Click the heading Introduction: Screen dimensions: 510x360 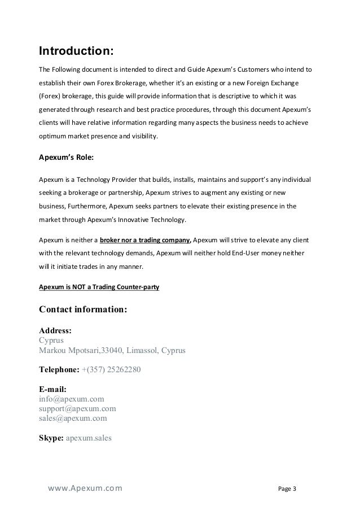click(x=76, y=51)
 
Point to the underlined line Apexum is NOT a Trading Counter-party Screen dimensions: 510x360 click(x=99, y=287)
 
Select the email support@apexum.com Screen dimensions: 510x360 click(x=77, y=408)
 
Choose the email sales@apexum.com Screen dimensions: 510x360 click(x=73, y=419)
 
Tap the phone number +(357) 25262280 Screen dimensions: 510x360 click(x=111, y=370)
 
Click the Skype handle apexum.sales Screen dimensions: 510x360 click(x=89, y=438)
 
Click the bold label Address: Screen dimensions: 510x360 click(x=55, y=331)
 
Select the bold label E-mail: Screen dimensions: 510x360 click(x=52, y=389)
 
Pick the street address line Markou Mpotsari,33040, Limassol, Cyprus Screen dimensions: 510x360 click(x=112, y=351)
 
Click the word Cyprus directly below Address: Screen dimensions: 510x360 click(x=51, y=341)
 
